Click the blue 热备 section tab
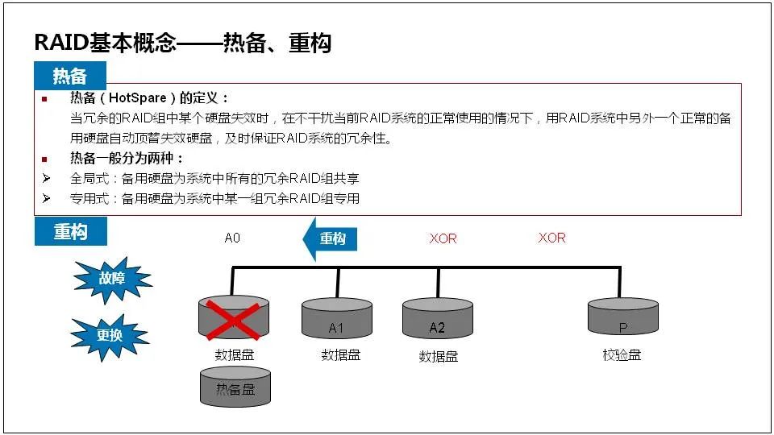70,76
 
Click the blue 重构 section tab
70,232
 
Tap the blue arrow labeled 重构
330,239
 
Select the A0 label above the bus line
232,238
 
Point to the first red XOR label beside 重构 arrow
443,238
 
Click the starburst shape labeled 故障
112,280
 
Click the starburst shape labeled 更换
110,333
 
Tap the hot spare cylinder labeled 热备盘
235,387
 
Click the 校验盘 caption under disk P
622,354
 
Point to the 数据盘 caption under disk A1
340,354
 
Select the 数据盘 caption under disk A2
439,356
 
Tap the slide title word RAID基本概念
106,43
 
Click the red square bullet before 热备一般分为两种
45,159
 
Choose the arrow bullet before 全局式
46,178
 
